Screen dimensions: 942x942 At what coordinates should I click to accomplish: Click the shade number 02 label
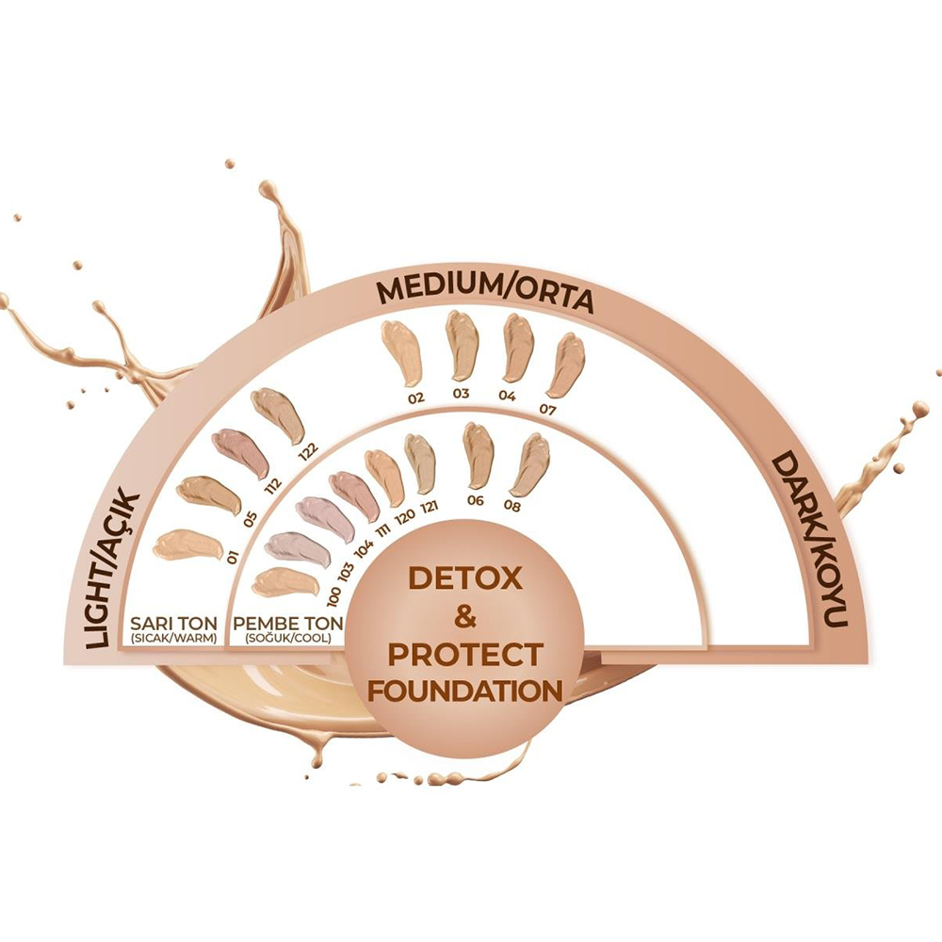pyautogui.click(x=416, y=398)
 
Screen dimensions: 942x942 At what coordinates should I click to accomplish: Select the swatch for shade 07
pyautogui.click(x=565, y=365)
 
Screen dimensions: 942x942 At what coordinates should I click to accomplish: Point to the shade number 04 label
pyautogui.click(x=508, y=396)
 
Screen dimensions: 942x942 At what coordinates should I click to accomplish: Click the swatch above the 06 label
pyautogui.click(x=479, y=455)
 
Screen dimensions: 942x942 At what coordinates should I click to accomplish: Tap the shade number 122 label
pyautogui.click(x=306, y=449)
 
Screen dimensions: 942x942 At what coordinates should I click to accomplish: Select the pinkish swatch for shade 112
pyautogui.click(x=239, y=451)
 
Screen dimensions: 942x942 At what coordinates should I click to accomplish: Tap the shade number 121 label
pyautogui.click(x=430, y=508)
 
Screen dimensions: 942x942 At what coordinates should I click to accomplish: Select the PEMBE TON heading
pyautogui.click(x=285, y=622)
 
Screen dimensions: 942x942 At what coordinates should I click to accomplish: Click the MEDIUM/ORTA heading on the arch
pyautogui.click(x=484, y=296)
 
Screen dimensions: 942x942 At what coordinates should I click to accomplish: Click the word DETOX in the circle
pyautogui.click(x=463, y=578)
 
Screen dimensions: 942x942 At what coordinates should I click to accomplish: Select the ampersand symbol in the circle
pyautogui.click(x=464, y=617)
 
